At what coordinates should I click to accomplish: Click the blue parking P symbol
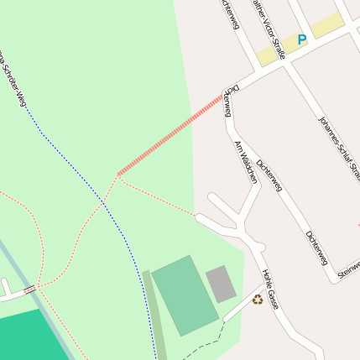302,39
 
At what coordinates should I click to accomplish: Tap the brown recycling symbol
258,299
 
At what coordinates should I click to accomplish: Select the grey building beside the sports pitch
221,284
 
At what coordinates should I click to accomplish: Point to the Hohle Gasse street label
269,289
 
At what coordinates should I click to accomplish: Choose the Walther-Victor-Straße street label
270,30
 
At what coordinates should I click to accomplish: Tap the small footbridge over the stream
29,290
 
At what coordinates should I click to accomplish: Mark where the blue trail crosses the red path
104,201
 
